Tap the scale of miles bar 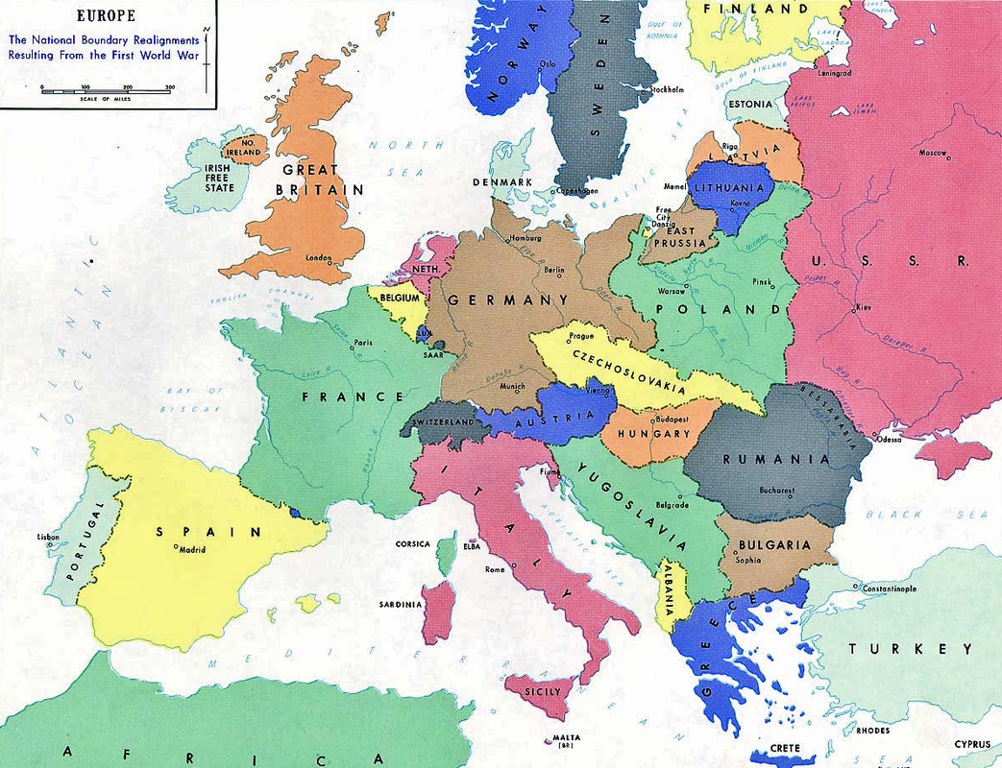click(x=106, y=89)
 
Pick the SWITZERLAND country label click(x=442, y=422)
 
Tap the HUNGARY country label click(x=660, y=434)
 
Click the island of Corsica click(x=446, y=557)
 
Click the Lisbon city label click(x=48, y=537)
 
